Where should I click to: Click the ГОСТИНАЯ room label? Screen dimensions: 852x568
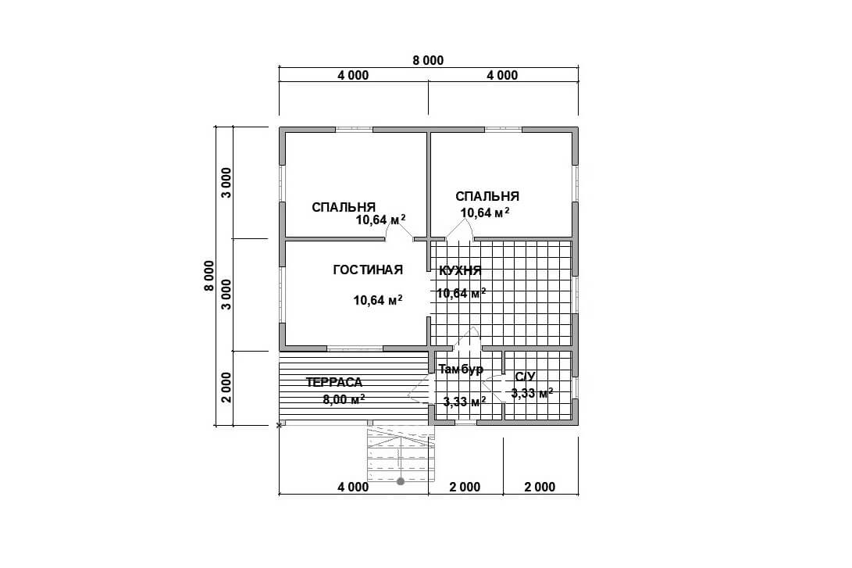(368, 270)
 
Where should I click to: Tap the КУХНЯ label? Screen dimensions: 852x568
(460, 270)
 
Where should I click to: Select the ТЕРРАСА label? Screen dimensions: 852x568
(334, 382)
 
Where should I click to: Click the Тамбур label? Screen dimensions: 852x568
(461, 370)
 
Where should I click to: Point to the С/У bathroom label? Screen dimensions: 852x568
(526, 377)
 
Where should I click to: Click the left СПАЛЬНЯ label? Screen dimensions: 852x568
(344, 207)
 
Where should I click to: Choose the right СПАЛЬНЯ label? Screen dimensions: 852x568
(487, 196)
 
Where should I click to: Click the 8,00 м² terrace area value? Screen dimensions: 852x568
(344, 399)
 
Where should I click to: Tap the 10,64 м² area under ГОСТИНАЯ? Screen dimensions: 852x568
(378, 299)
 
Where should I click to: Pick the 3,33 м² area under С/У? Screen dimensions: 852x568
(533, 392)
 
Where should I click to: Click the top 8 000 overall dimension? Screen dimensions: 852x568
(428, 60)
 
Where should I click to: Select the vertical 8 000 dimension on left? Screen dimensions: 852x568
(209, 276)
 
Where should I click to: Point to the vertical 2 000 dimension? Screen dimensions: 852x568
(226, 388)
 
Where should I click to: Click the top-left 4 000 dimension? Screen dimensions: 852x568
(353, 75)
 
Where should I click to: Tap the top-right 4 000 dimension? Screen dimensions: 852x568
(502, 75)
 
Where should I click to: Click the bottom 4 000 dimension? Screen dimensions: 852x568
(353, 487)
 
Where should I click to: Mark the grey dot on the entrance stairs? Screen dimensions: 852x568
(401, 481)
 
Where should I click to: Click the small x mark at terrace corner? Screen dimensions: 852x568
(280, 426)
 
